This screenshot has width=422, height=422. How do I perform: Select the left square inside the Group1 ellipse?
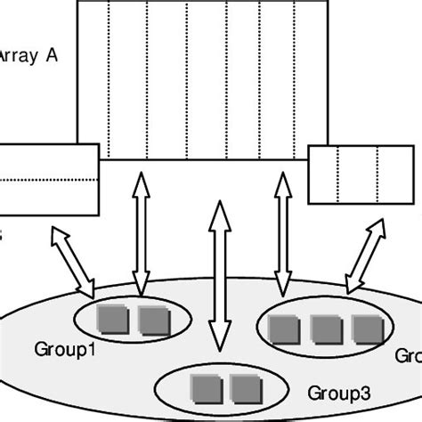110,318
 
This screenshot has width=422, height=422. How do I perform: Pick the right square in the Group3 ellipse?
240,386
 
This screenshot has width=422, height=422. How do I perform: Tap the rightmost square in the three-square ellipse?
364,329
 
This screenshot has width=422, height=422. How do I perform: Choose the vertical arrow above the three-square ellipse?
283,233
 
